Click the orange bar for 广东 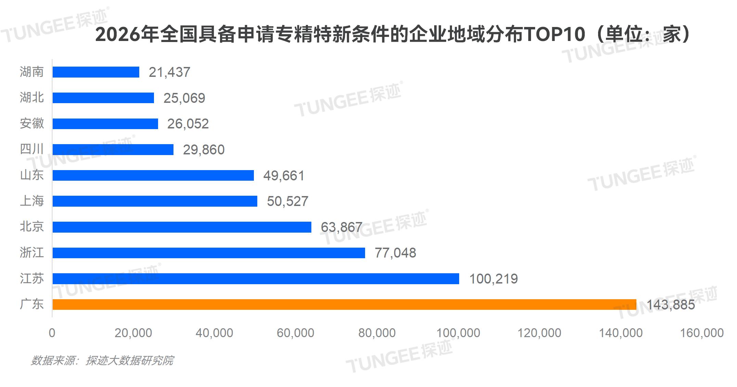344,304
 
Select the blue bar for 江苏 256,279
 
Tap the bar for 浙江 209,253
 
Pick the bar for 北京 182,227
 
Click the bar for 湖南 96,72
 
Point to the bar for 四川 113,150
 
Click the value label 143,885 671,304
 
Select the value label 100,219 493,279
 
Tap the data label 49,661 284,176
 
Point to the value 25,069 184,98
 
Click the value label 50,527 287,201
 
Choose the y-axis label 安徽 32,124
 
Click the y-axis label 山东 32,175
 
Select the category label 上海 32,201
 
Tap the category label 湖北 32,98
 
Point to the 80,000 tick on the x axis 377,333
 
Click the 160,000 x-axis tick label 701,333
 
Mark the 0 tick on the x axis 52,333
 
